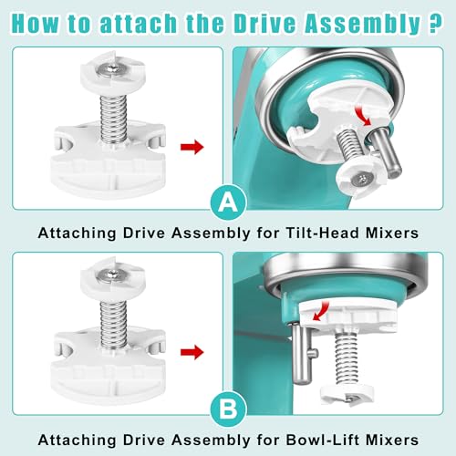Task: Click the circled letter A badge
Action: [x=228, y=202]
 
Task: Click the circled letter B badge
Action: [x=228, y=409]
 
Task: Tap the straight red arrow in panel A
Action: [x=192, y=147]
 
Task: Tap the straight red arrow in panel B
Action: [x=192, y=352]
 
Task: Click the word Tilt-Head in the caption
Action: [x=323, y=233]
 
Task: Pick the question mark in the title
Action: [x=435, y=22]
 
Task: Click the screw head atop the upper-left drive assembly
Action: [x=113, y=68]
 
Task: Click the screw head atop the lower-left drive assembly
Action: [x=113, y=275]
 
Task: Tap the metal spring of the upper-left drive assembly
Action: [x=113, y=119]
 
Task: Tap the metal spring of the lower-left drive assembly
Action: [x=113, y=326]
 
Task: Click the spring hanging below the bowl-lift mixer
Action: [x=347, y=358]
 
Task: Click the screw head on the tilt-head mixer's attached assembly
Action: [x=362, y=180]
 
